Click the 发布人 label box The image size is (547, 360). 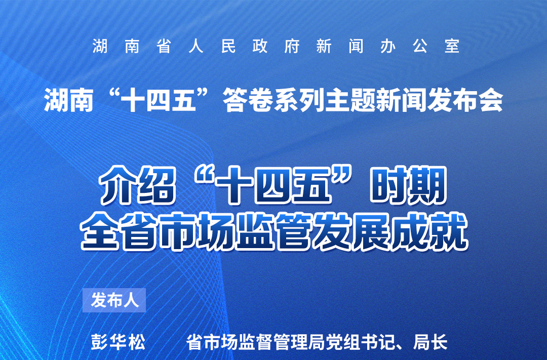[114, 300]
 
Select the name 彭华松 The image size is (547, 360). [118, 342]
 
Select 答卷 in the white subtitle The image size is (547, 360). [240, 101]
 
